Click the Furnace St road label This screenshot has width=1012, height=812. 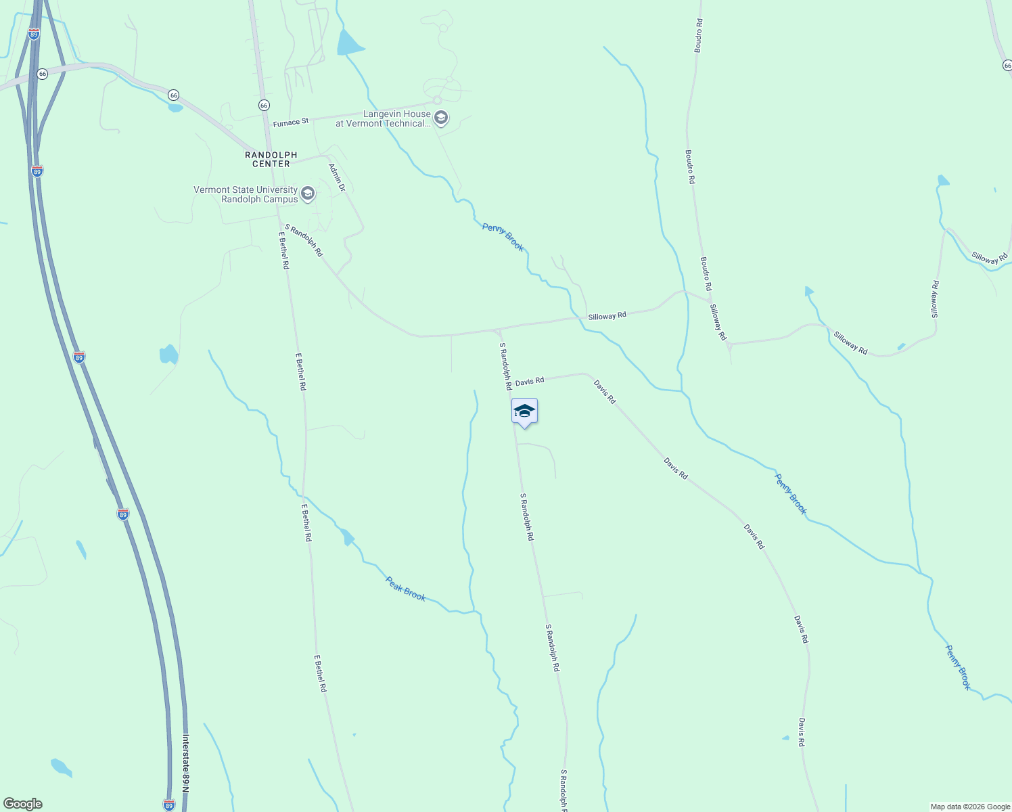[291, 122]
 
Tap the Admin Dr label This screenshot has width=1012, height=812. [337, 177]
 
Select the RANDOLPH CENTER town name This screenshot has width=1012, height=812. [271, 160]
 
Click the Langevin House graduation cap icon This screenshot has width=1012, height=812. [441, 119]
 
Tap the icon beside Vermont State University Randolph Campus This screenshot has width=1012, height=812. [308, 195]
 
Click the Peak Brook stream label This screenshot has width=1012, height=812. [406, 588]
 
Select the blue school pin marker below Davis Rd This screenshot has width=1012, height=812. [524, 411]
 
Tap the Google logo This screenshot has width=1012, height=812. [23, 804]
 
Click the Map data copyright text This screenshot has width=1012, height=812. [969, 807]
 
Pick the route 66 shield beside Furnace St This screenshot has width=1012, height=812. [264, 106]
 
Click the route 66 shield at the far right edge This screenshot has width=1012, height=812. [1007, 65]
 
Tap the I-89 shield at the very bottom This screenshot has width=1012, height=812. [169, 805]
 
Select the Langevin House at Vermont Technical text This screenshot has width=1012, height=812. [383, 119]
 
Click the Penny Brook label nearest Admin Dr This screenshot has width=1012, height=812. [503, 237]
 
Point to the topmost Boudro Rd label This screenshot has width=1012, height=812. [699, 36]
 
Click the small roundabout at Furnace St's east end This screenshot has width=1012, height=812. [438, 100]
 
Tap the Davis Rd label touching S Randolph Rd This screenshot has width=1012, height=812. [530, 382]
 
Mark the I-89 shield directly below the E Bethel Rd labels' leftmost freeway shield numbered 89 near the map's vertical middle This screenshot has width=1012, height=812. [122, 515]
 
